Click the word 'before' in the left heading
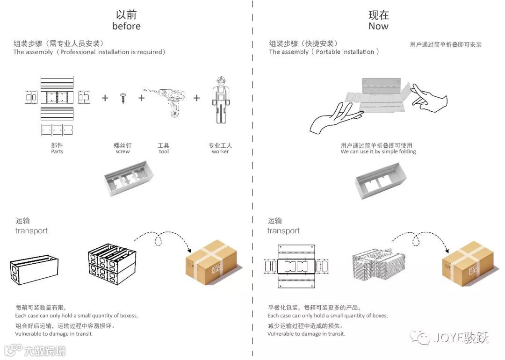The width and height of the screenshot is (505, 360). pos(126,26)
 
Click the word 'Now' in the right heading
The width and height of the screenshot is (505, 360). pos(378,26)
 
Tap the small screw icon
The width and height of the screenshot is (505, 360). pos(123,98)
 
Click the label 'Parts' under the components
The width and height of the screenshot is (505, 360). pos(57,151)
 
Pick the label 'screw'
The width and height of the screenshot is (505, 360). pos(123,151)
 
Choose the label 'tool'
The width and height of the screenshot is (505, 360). pos(164,151)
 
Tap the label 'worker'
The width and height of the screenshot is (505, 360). pos(220,151)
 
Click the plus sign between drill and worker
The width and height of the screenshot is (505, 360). pos(196,98)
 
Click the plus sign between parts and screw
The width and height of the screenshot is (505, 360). pos(105,98)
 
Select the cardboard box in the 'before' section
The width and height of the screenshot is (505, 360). pos(211,260)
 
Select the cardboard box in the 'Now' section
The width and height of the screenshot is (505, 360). pos(468,261)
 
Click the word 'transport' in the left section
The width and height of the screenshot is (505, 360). pos(31,231)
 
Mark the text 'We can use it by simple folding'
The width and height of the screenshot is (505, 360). pos(378,151)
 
